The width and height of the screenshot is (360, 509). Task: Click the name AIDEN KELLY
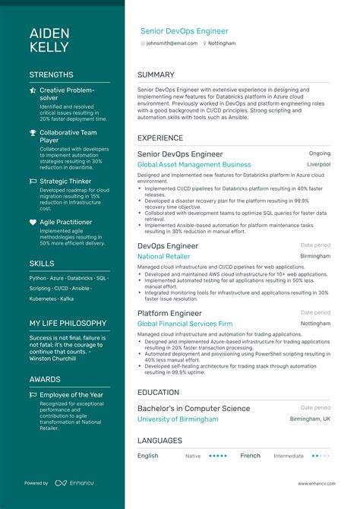tap(49, 40)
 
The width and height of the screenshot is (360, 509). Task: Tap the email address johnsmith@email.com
tap(172, 43)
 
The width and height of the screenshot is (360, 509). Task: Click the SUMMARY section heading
tap(156, 75)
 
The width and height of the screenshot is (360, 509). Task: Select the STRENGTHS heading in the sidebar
tap(52, 75)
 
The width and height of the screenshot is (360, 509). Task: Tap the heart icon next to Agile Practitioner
tap(33, 223)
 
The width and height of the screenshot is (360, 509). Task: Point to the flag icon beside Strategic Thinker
tap(33, 182)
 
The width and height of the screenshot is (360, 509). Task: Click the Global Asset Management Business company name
tap(194, 164)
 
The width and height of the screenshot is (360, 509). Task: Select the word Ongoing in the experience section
tap(320, 153)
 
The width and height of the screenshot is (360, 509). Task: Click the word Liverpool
tap(318, 164)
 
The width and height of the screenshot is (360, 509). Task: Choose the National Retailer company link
tap(163, 257)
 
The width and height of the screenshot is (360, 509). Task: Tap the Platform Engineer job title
tap(169, 313)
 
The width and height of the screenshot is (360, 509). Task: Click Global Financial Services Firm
tap(185, 324)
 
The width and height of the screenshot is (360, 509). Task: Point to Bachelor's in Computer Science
tap(194, 408)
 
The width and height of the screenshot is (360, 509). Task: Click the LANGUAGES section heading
tap(159, 441)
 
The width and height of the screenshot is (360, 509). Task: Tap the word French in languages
tap(250, 456)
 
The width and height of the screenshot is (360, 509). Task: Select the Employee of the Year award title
tap(71, 395)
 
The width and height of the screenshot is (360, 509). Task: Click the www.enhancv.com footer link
tap(314, 483)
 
